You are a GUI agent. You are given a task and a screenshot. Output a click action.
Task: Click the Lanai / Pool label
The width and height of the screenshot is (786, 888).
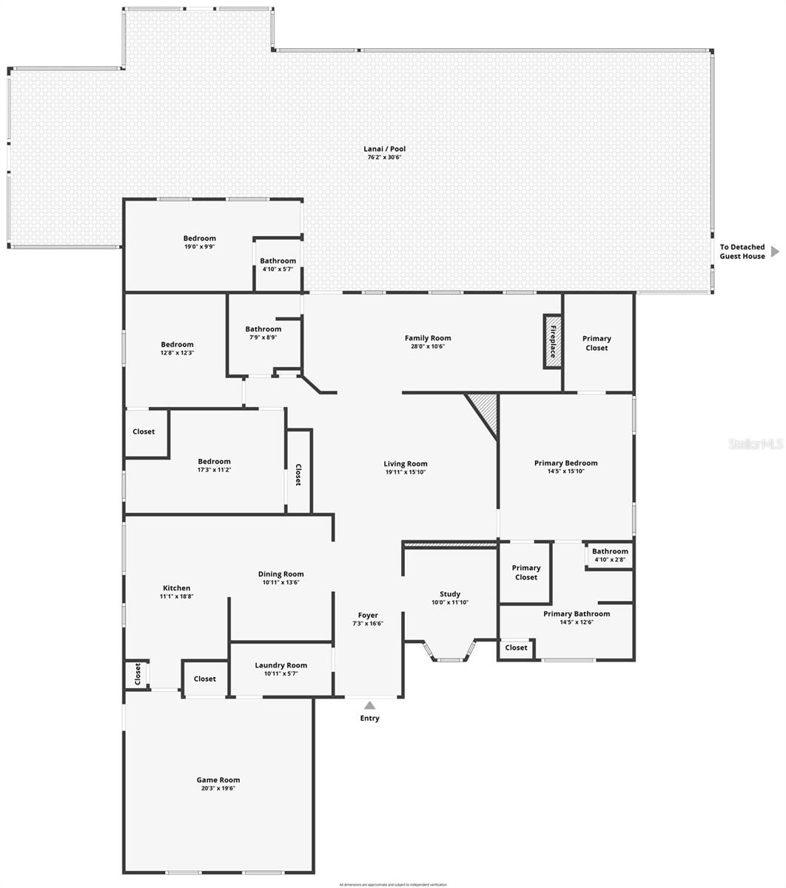(x=386, y=149)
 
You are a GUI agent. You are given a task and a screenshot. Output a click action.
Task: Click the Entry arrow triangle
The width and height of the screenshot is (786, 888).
(x=369, y=705)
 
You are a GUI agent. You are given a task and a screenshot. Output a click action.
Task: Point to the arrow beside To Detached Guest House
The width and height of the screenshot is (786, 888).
(x=775, y=252)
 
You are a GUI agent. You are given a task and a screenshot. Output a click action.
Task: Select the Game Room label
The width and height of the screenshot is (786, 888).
(x=218, y=779)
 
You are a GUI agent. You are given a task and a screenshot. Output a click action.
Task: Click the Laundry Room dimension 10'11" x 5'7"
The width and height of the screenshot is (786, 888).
(x=281, y=674)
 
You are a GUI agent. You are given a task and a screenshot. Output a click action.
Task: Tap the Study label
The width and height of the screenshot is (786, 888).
(x=449, y=593)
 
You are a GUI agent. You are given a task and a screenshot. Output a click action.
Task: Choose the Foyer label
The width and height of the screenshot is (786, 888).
(x=368, y=615)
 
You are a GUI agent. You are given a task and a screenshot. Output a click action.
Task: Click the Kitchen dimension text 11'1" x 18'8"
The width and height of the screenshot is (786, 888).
(x=176, y=596)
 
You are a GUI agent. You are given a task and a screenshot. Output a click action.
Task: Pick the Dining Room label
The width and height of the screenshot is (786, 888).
(x=281, y=573)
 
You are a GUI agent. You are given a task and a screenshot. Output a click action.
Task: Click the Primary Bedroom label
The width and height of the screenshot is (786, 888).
(x=565, y=462)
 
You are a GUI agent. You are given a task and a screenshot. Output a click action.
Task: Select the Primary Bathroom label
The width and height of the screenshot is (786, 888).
(x=577, y=613)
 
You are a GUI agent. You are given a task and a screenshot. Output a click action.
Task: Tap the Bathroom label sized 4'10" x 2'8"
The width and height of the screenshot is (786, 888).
(x=610, y=551)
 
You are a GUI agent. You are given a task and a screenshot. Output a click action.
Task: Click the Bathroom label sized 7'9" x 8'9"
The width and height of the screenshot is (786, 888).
(x=263, y=329)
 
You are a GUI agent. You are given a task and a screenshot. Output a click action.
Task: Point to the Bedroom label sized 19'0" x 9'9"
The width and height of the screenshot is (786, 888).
(x=199, y=238)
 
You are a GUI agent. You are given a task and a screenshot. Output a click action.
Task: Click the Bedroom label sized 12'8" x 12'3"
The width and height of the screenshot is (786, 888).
(x=177, y=344)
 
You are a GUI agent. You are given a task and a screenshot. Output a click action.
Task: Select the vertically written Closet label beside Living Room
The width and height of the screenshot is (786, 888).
(x=298, y=474)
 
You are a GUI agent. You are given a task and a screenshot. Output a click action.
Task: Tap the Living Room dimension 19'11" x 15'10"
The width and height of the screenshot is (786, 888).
(x=405, y=472)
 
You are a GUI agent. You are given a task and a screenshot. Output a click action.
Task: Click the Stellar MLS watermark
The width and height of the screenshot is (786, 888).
(x=755, y=443)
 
